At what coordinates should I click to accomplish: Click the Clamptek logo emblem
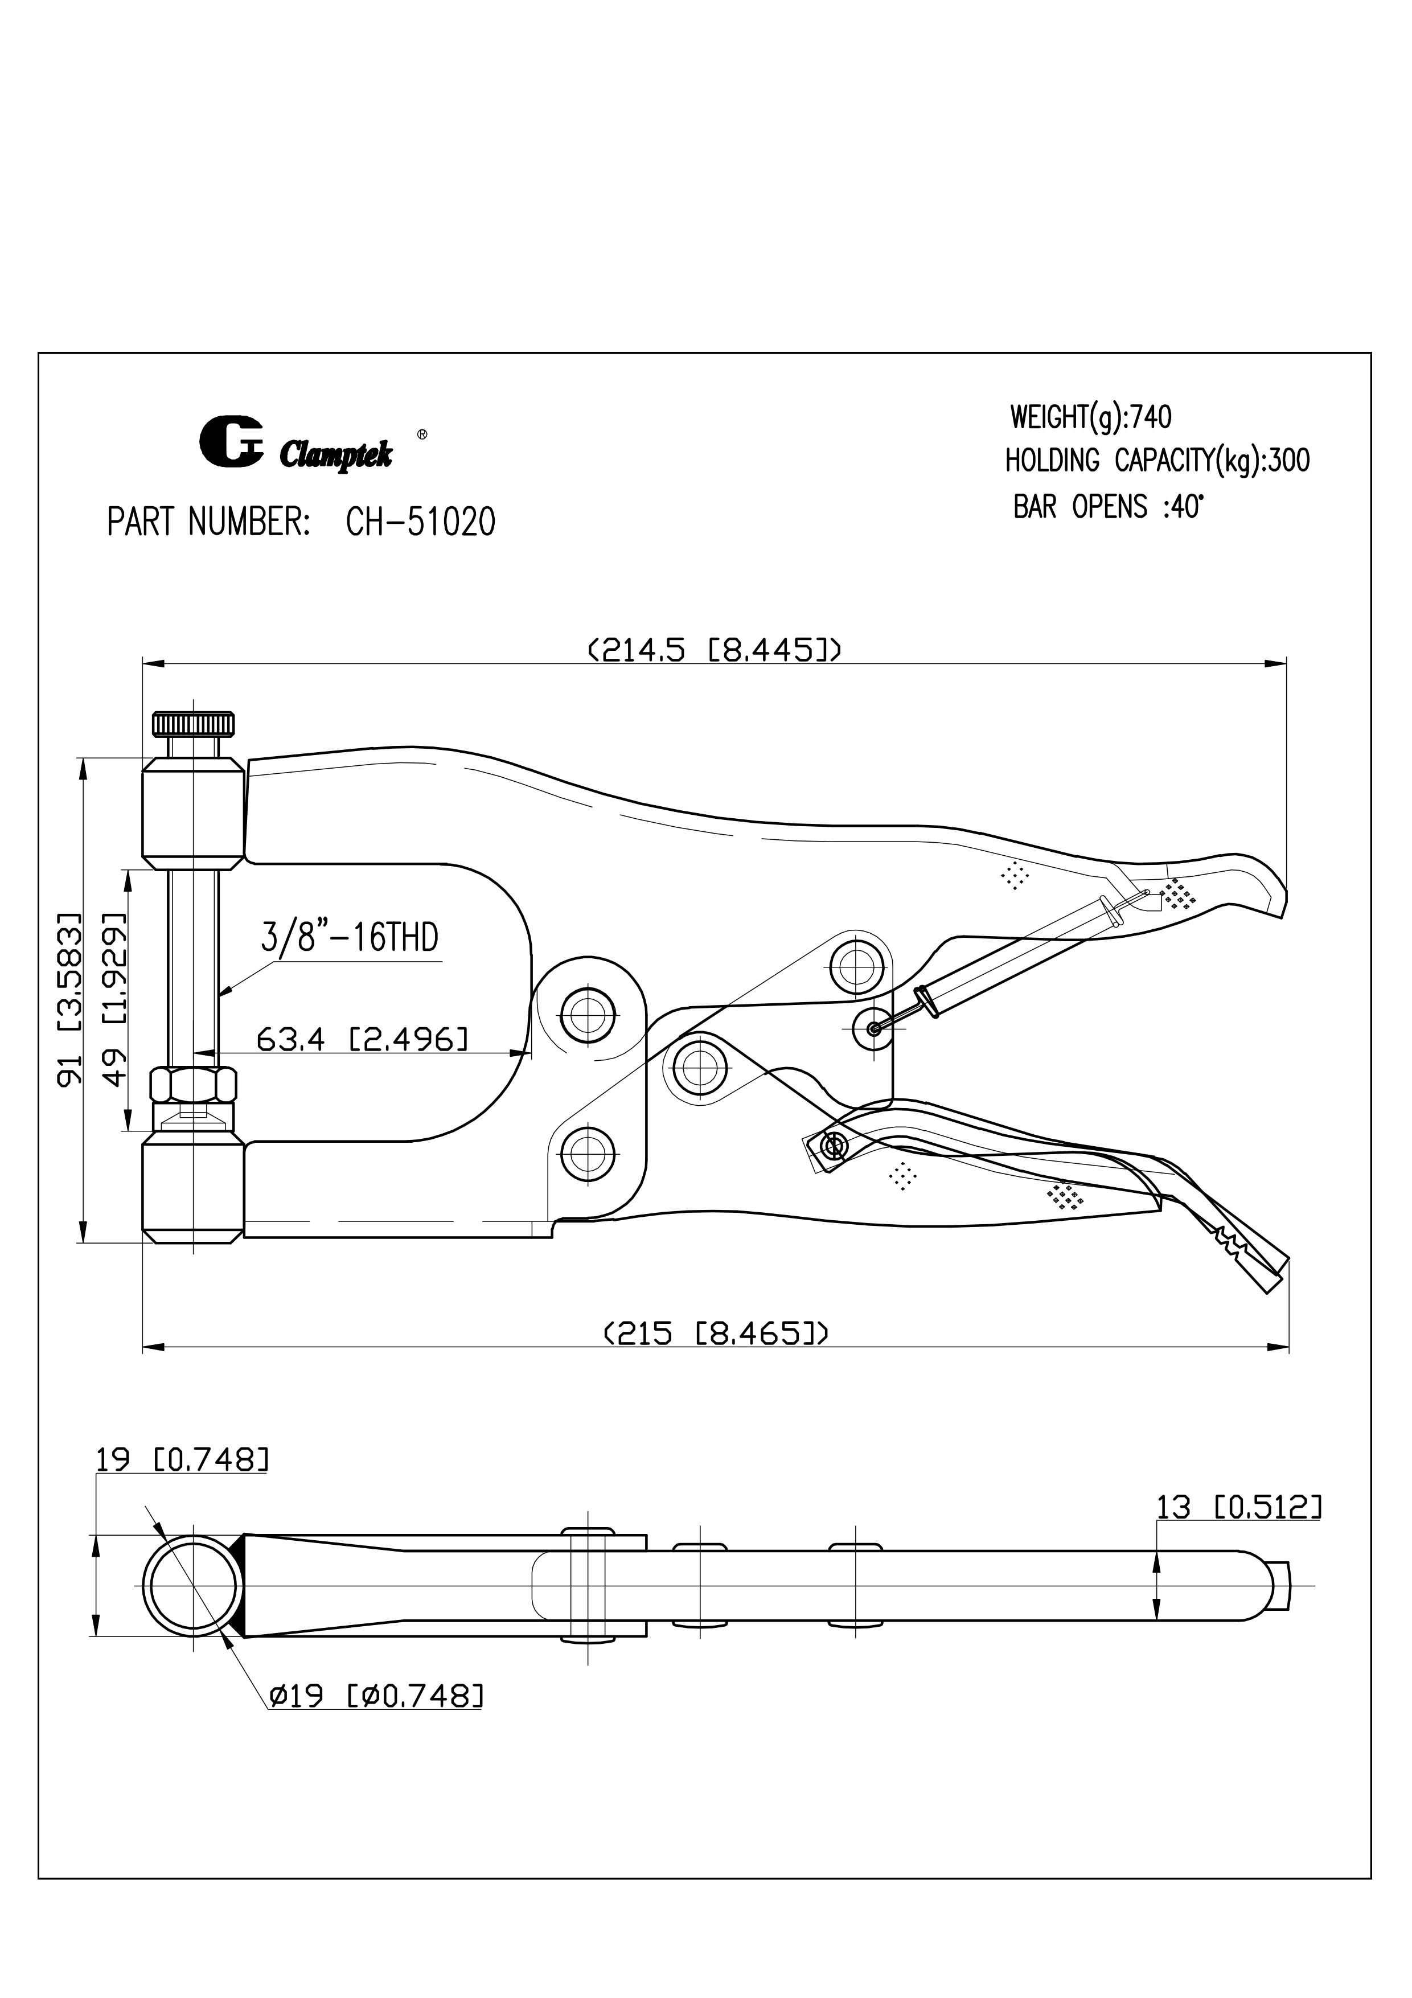tap(231, 442)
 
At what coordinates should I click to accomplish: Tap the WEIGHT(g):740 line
tap(1090, 418)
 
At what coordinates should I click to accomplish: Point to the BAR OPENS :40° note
tap(1107, 506)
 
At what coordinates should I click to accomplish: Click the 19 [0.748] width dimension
tap(181, 1459)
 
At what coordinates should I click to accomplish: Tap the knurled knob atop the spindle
tap(194, 724)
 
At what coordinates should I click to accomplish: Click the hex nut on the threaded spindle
tap(193, 1084)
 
